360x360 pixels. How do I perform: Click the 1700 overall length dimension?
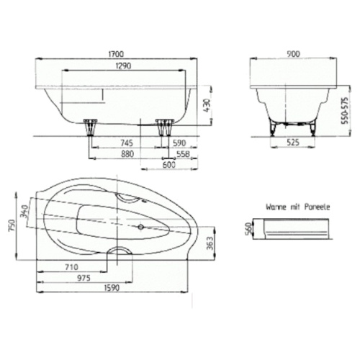(116, 54)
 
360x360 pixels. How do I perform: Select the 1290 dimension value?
(123, 66)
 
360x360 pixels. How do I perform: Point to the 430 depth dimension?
(206, 105)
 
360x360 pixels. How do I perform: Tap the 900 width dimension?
(293, 54)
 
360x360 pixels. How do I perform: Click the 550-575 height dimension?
(345, 111)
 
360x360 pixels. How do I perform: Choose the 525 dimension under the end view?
(293, 143)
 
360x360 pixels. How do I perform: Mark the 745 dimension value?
(126, 143)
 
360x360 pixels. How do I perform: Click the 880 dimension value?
(127, 154)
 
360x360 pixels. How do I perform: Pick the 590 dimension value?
(179, 143)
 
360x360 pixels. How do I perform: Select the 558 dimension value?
(184, 154)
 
